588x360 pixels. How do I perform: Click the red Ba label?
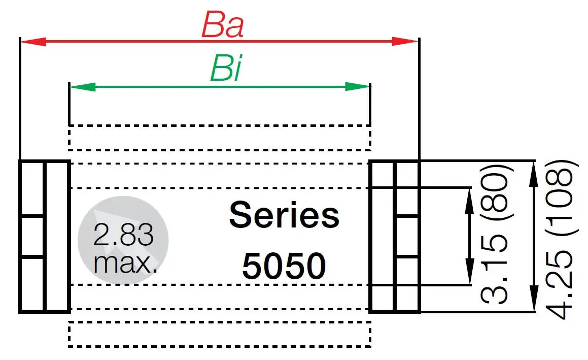tap(222, 24)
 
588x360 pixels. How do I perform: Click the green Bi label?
tap(225, 69)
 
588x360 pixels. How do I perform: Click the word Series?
tap(284, 215)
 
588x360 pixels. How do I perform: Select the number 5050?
tap(284, 266)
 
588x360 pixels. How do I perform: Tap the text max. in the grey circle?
tap(125, 263)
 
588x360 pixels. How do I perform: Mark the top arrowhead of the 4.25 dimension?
tap(533, 170)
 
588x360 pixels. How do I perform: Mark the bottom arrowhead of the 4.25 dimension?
tap(533, 303)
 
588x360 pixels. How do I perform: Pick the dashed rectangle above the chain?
tap(219, 138)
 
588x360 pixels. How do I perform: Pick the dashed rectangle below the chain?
tap(219, 334)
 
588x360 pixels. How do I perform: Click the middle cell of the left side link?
tap(32, 237)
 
